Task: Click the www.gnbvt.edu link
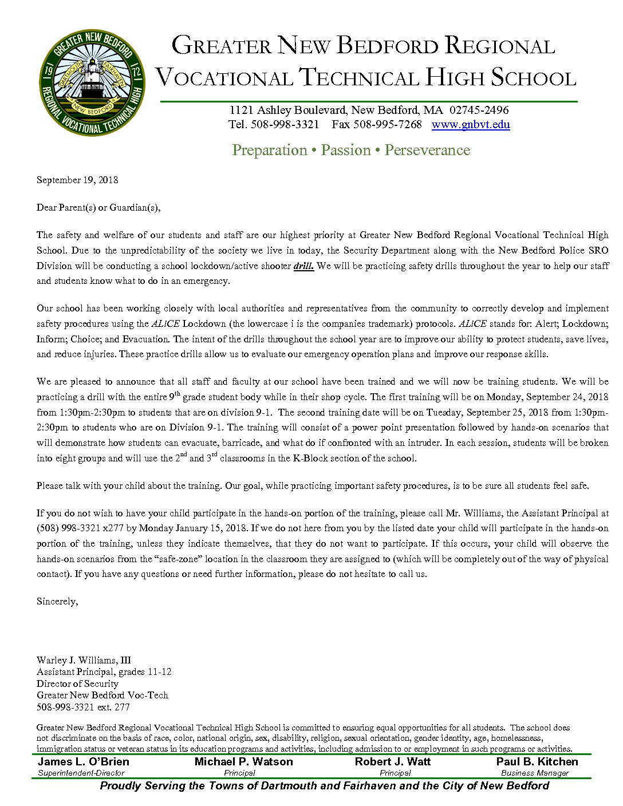470,125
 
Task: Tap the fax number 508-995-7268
387,125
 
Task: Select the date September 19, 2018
77,180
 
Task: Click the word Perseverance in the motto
427,150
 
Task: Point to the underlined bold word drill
303,266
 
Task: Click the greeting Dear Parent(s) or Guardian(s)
98,207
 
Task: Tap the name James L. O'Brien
84,762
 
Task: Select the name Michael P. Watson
243,762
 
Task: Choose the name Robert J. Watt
392,762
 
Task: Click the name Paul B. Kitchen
537,762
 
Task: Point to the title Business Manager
535,773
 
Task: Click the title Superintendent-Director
81,773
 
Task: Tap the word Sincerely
57,601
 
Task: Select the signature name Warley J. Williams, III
84,660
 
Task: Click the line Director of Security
77,683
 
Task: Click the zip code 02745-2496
479,110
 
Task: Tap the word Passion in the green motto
346,150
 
